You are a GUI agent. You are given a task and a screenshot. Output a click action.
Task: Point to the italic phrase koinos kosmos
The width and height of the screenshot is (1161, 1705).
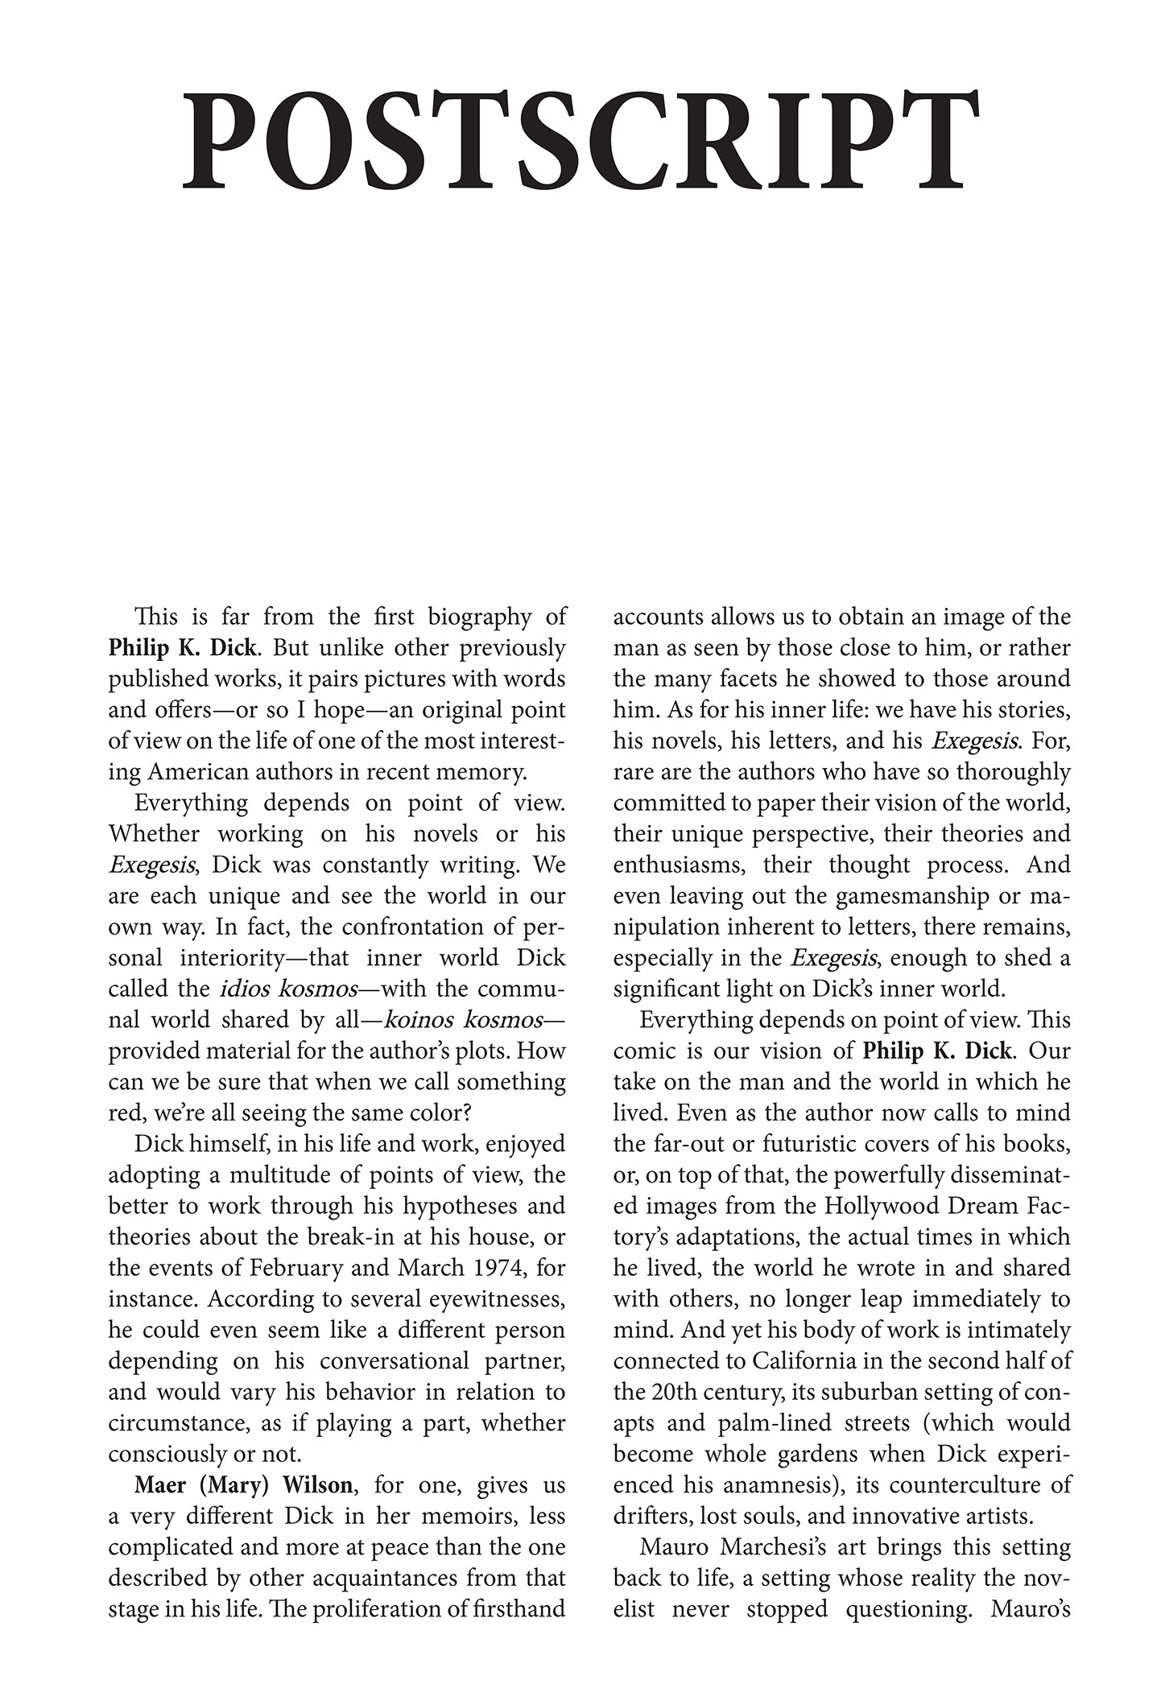pos(464,1020)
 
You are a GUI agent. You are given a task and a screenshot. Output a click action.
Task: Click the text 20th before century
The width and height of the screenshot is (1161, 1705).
pos(688,1392)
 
